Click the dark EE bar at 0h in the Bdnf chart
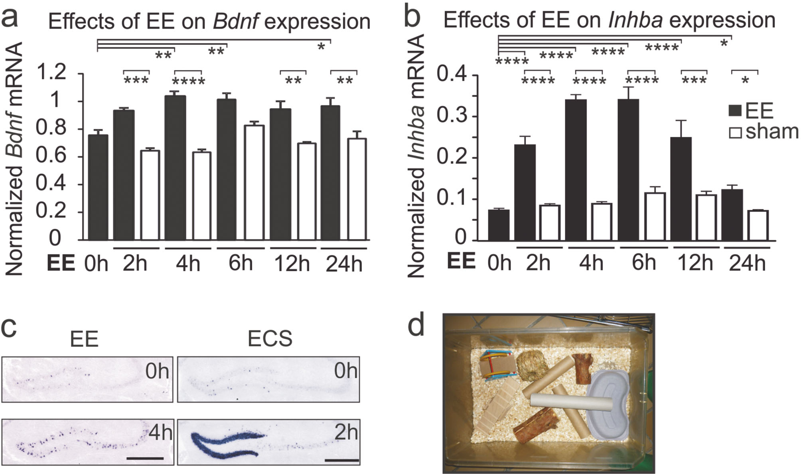pyautogui.click(x=98, y=187)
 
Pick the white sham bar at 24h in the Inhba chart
pyautogui.click(x=758, y=225)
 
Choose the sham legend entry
pyautogui.click(x=764, y=132)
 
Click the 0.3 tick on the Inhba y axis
pyautogui.click(x=453, y=117)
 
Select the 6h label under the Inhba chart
pyautogui.click(x=644, y=262)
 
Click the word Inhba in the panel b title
pyautogui.click(x=635, y=20)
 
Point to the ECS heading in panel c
pyautogui.click(x=270, y=339)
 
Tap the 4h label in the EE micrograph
pyautogui.click(x=161, y=433)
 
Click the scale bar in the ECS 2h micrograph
pyautogui.click(x=342, y=460)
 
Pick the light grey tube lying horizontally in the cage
pyautogui.click(x=571, y=403)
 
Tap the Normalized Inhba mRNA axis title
pyautogui.click(x=416, y=156)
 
